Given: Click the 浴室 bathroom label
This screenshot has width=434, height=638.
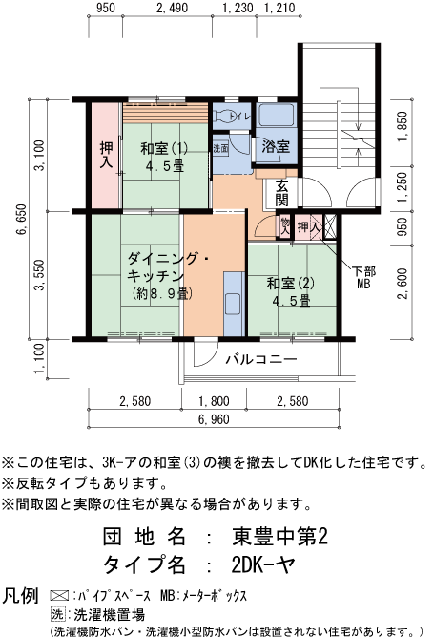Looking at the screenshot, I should tap(277, 148).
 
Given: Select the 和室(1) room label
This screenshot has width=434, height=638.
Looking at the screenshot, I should tap(164, 156).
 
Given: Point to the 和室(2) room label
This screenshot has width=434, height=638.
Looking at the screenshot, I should tap(290, 291).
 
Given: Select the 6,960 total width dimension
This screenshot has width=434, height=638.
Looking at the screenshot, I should tap(214, 419).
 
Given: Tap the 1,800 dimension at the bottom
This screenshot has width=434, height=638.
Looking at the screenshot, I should tap(214, 401).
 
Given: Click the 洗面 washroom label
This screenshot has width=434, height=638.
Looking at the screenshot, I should tap(220, 149).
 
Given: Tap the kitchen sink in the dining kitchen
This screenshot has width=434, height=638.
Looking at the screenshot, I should tap(232, 304).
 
